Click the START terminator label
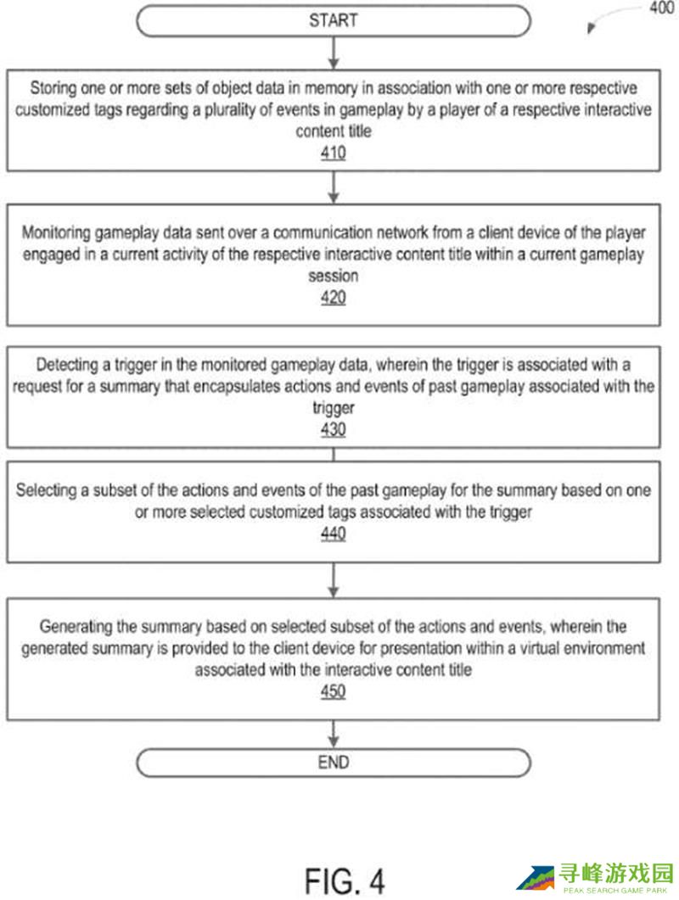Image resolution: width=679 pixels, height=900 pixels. [334, 20]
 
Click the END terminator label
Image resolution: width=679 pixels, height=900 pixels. [334, 763]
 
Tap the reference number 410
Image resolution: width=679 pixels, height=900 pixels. [334, 153]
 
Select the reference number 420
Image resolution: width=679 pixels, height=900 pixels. [334, 298]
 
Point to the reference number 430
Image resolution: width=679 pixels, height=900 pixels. [334, 429]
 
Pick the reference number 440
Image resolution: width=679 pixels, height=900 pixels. [334, 534]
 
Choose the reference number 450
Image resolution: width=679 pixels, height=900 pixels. [334, 691]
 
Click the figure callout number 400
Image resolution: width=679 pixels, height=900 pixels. [662, 8]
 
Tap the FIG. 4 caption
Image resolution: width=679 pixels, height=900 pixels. [344, 881]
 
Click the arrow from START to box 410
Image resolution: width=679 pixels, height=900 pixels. [334, 53]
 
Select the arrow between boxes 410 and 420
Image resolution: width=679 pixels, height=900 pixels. [334, 187]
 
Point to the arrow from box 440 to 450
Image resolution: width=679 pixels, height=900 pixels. [334, 580]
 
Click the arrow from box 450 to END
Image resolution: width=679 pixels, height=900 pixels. [334, 734]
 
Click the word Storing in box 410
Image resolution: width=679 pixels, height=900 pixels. [53, 88]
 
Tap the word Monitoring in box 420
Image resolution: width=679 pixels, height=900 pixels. [56, 233]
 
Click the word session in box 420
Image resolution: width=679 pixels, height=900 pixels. [334, 276]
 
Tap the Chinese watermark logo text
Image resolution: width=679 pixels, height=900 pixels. [616, 874]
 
